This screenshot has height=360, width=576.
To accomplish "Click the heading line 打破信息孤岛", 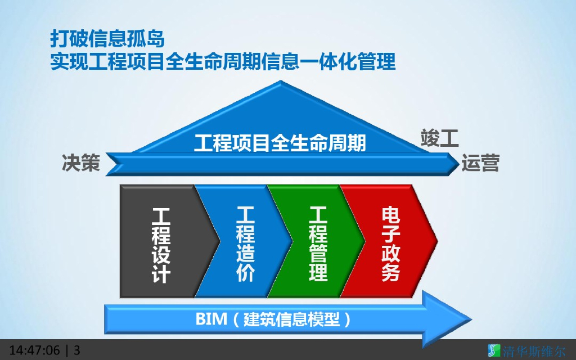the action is click(x=107, y=39).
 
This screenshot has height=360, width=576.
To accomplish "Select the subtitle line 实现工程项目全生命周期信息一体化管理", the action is click(x=223, y=61).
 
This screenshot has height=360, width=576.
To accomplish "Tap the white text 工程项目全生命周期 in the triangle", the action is click(x=280, y=143).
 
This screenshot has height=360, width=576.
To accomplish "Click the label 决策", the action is click(x=81, y=163).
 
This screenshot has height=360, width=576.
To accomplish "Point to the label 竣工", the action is click(x=440, y=138).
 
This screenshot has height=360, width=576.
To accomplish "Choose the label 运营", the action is click(x=480, y=163).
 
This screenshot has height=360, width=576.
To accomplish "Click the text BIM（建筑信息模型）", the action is click(x=274, y=319).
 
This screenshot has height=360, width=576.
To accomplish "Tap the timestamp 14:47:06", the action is click(x=34, y=350).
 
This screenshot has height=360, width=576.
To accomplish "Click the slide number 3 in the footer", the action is click(x=77, y=350).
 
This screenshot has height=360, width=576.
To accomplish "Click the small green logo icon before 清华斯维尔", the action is click(x=493, y=350).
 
